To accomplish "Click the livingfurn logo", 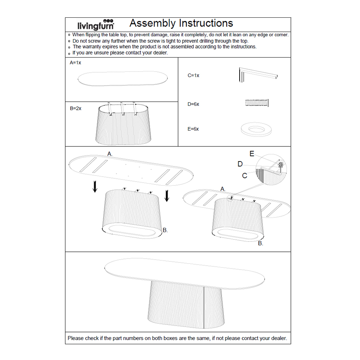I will (x=96, y=24).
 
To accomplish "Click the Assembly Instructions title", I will (x=181, y=23).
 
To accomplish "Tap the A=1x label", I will (x=75, y=63).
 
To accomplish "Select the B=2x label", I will (x=76, y=108).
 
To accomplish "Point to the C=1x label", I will (x=193, y=75).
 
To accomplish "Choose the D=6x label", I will (x=193, y=104).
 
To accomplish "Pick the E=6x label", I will (x=193, y=129).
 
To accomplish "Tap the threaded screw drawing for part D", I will (x=257, y=103).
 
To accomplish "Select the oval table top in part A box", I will (x=122, y=78).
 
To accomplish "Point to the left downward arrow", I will (x=95, y=187).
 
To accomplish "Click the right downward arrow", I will (x=167, y=195).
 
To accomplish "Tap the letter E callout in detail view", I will (x=252, y=154).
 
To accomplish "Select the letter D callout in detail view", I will (x=240, y=164).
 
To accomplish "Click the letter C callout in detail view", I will (x=245, y=175).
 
